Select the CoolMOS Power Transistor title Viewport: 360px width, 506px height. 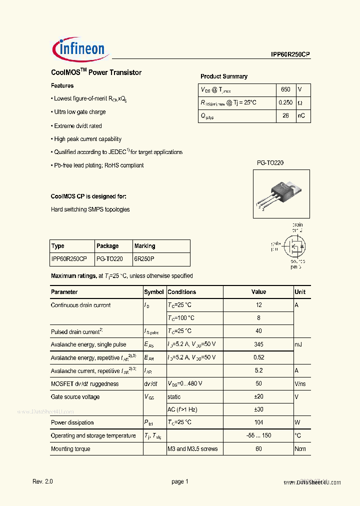[96, 72]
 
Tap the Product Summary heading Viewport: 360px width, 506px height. [224, 76]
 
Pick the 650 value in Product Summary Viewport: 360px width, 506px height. [285, 89]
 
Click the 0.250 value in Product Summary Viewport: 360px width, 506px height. [285, 102]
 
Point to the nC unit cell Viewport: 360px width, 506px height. [301, 115]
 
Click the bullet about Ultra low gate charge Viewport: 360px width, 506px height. [79, 112]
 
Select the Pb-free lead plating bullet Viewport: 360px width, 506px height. [98, 165]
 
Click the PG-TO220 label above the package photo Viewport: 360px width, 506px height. [270, 163]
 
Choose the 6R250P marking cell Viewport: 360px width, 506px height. [144, 259]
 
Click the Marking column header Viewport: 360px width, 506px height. [145, 246]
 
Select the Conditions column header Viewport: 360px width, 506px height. [182, 292]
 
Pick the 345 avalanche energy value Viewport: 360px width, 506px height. [258, 344]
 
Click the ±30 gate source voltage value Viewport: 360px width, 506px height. [258, 409]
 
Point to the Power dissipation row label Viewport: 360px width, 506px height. [72, 422]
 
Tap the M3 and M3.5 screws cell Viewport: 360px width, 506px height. [192, 449]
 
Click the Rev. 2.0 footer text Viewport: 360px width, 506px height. [42, 481]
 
